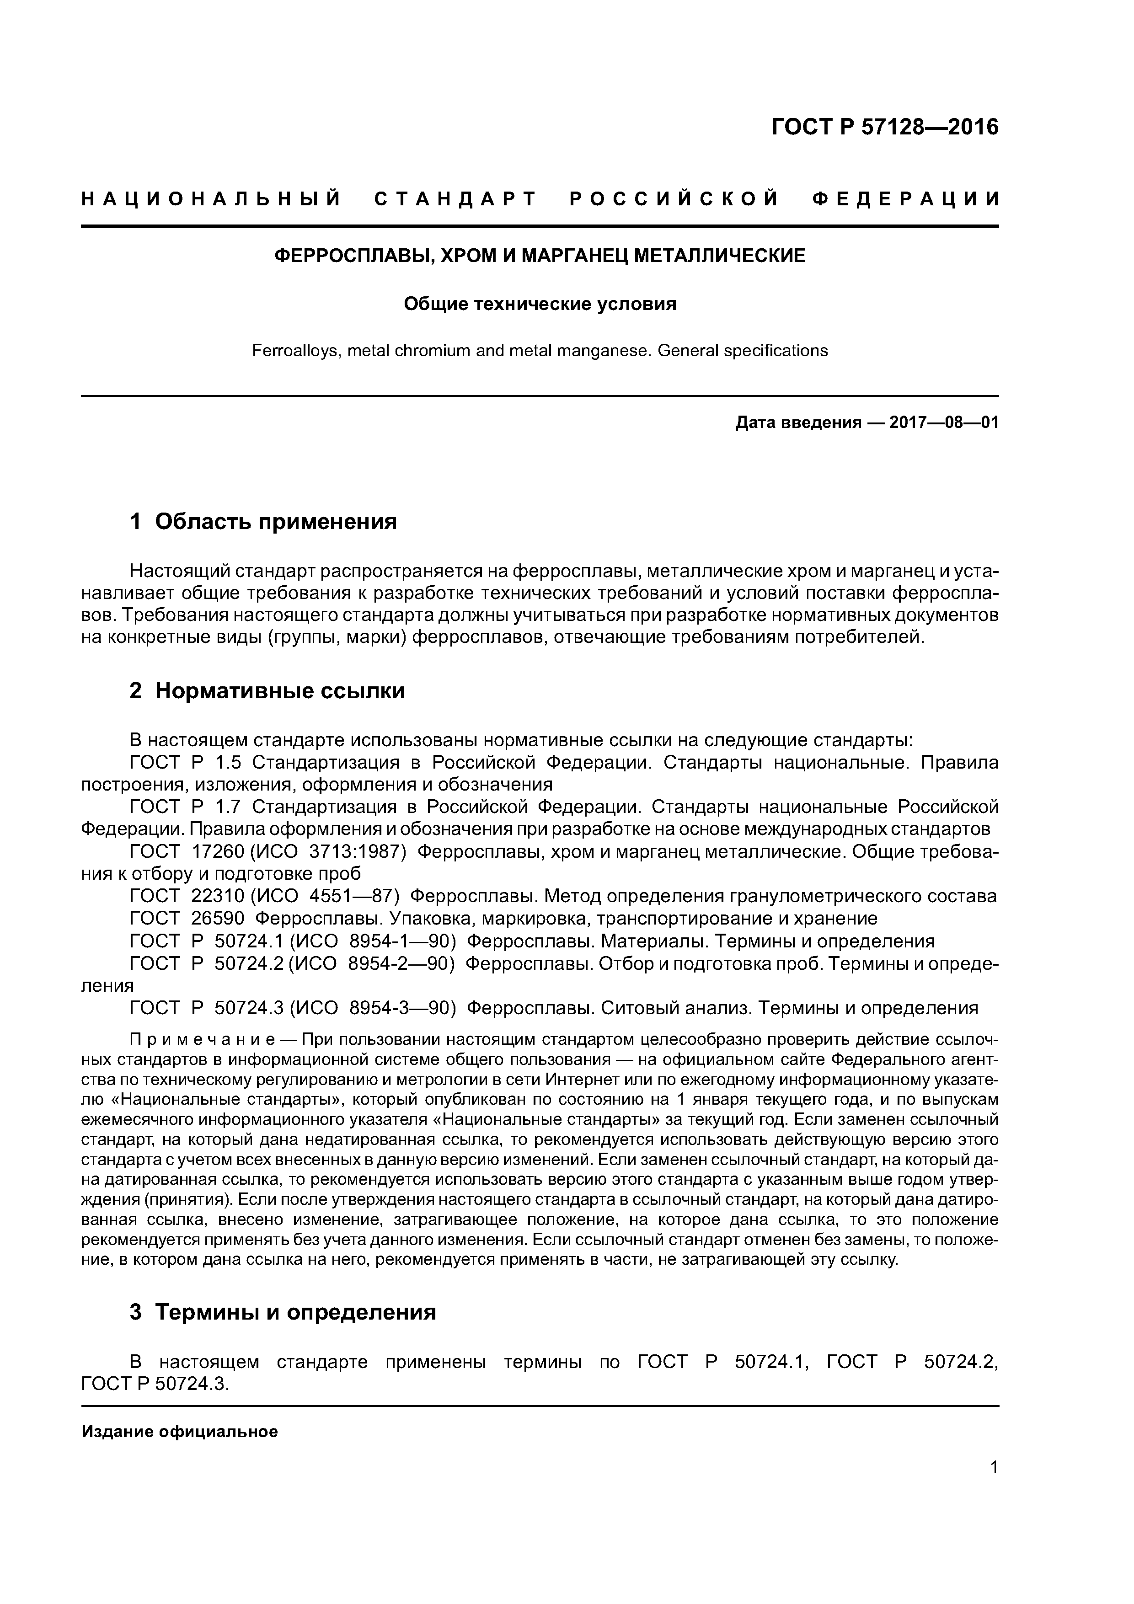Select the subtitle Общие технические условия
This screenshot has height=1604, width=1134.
pos(540,305)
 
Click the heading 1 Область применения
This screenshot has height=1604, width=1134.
pos(263,521)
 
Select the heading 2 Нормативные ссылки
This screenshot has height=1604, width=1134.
pos(267,691)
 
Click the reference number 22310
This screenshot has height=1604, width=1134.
pos(217,896)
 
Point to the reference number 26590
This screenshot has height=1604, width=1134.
pos(217,919)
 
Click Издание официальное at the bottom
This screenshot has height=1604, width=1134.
pos(180,1432)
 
